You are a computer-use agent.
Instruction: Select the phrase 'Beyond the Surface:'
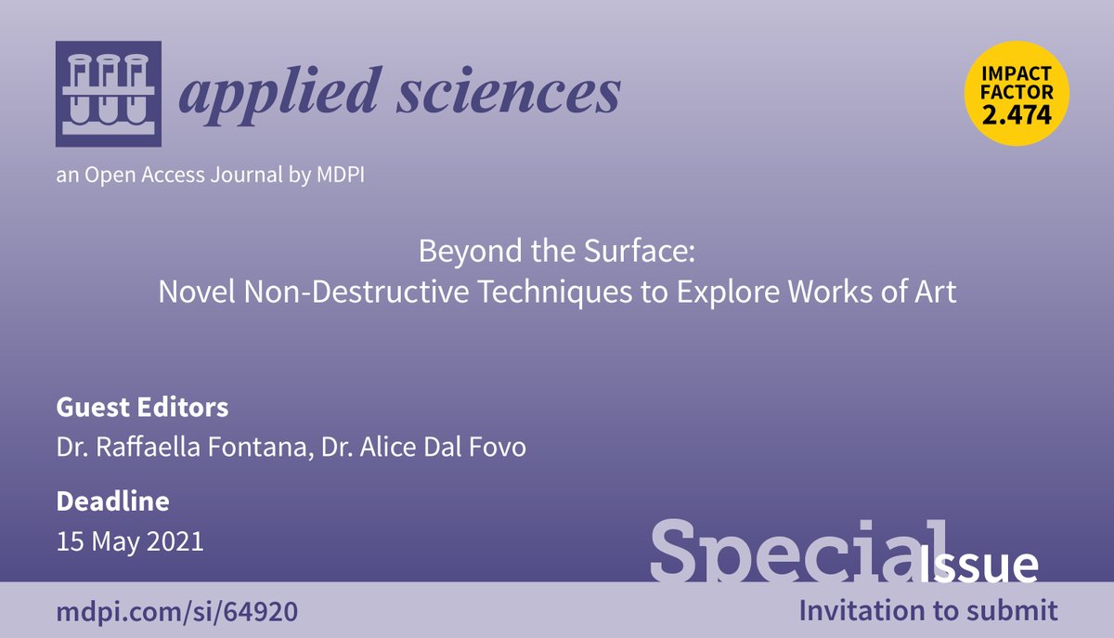pos(556,252)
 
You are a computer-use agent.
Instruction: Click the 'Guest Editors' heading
pos(142,407)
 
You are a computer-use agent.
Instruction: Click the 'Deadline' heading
pos(112,501)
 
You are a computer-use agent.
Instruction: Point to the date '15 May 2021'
pos(129,540)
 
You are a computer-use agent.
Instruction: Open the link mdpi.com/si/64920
pos(177,612)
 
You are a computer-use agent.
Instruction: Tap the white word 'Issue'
pos(979,564)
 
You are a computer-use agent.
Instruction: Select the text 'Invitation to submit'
pos(928,610)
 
